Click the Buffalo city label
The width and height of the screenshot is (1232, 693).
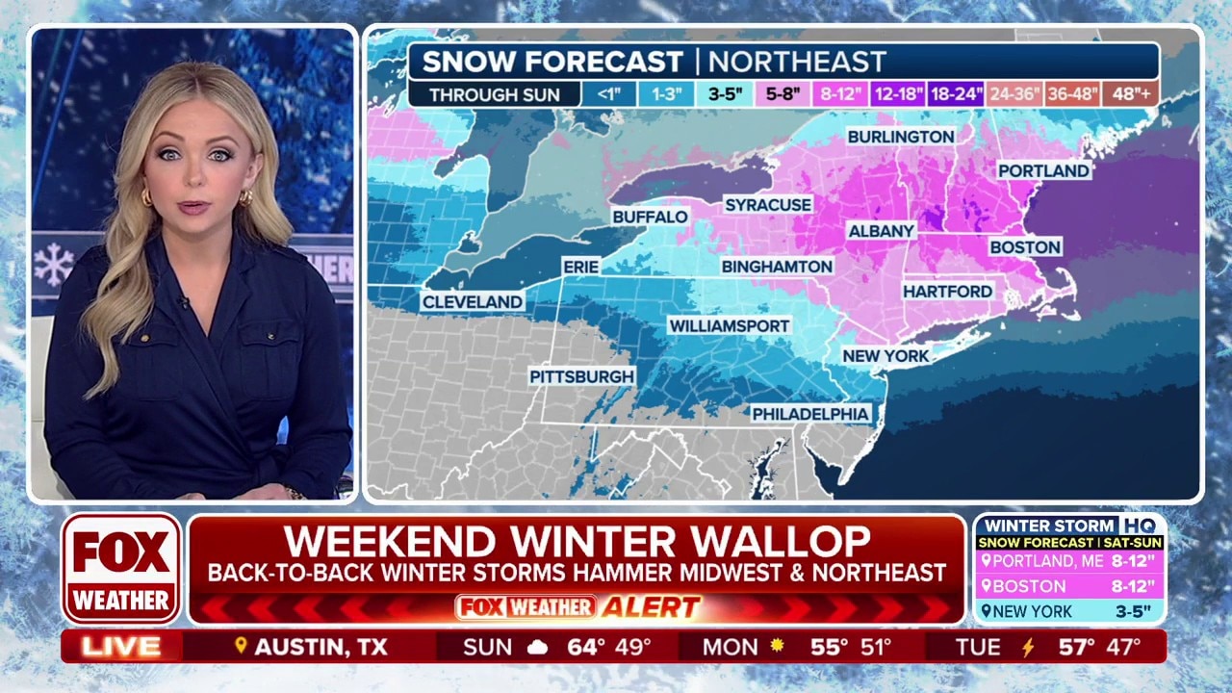[x=651, y=217]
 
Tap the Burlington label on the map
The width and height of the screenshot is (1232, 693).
[x=901, y=137]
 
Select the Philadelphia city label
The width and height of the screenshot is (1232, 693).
[x=810, y=414]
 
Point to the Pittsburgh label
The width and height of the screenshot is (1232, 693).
[x=582, y=376]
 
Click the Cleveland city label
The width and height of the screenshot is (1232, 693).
[x=473, y=302]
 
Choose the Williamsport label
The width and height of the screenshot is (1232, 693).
[x=730, y=326]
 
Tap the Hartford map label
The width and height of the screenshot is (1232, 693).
[x=947, y=291]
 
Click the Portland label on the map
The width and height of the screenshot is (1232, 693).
[x=1043, y=170]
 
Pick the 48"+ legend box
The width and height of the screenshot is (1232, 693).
[x=1131, y=94]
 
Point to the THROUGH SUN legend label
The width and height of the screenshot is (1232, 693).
[x=495, y=94]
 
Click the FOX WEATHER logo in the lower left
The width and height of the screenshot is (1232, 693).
[x=122, y=568]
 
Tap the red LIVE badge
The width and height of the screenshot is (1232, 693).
[x=121, y=647]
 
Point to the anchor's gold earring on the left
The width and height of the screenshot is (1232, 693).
[x=147, y=197]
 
